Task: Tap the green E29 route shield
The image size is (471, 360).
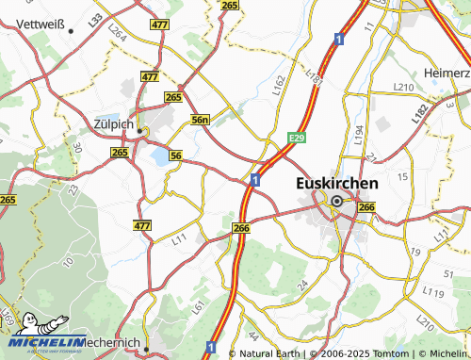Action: tap(297, 139)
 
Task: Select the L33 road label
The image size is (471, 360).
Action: tap(96, 19)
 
